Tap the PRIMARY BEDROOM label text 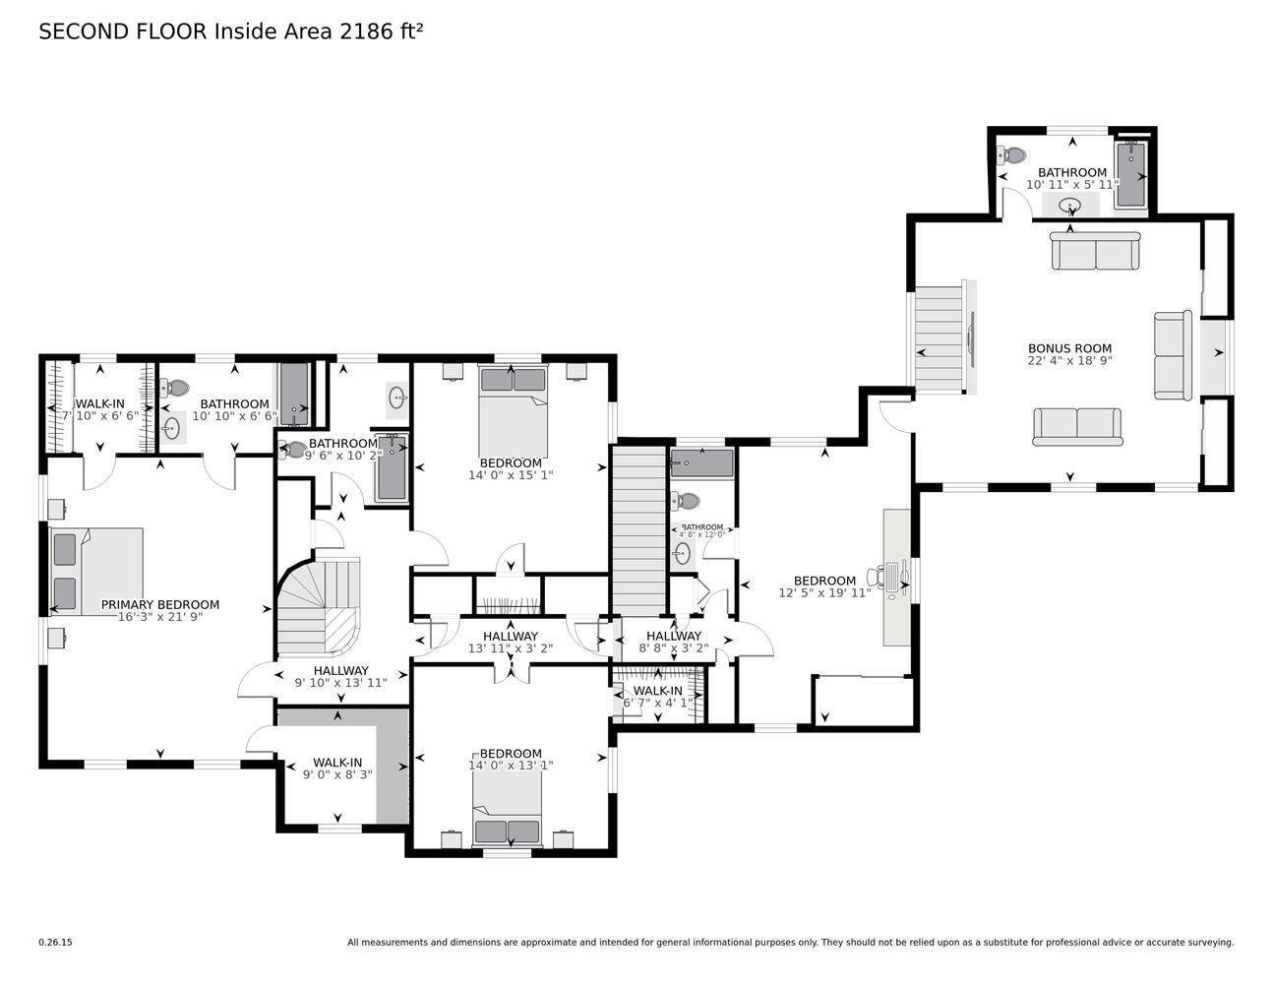(160, 605)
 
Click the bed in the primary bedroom (96, 572)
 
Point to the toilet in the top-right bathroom (1011, 155)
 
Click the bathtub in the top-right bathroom (1131, 175)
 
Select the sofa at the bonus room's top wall (1095, 251)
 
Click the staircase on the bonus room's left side (940, 338)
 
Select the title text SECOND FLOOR (124, 31)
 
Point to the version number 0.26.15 (55, 942)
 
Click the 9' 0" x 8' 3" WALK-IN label (337, 763)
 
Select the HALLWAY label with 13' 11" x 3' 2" (510, 637)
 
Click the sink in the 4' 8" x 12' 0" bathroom (682, 554)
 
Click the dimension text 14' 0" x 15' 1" (511, 475)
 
